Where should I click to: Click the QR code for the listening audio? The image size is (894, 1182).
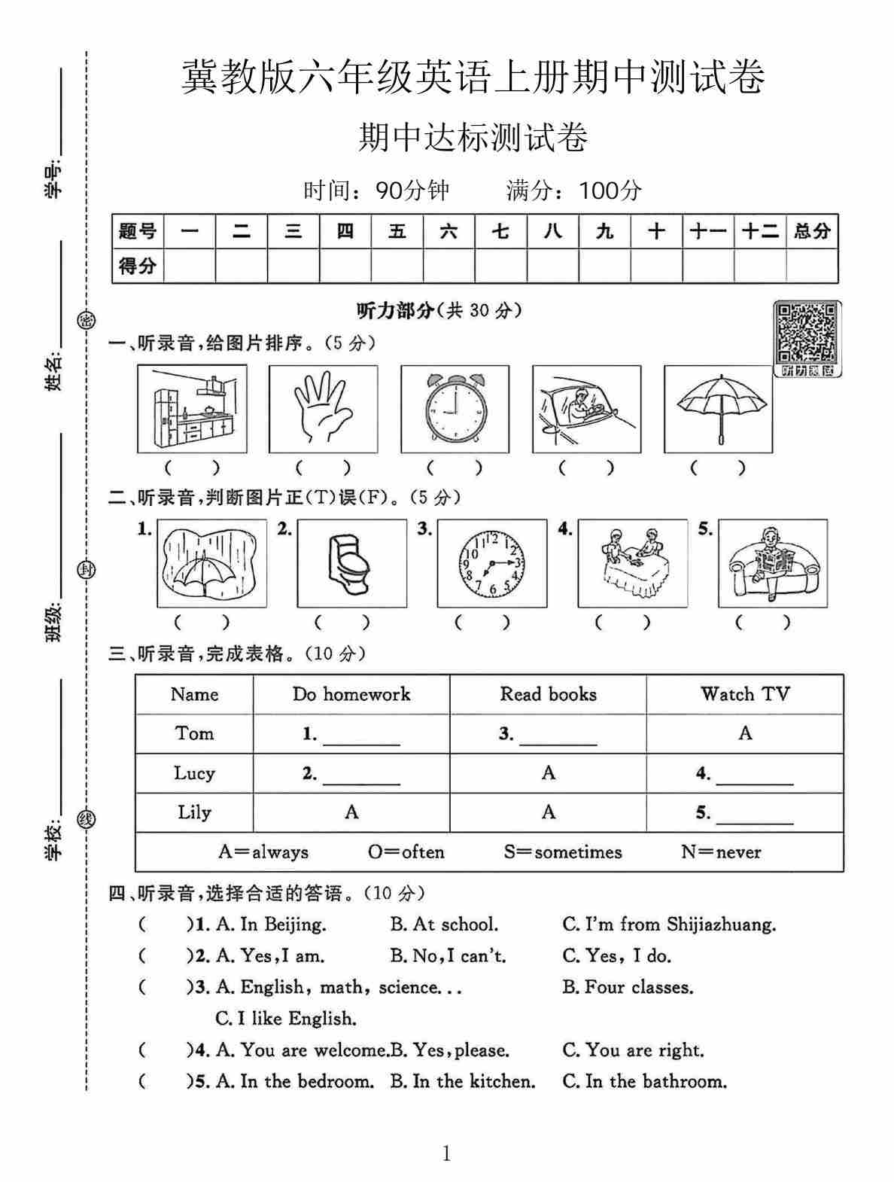click(x=807, y=333)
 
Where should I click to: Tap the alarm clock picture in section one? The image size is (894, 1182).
click(x=455, y=409)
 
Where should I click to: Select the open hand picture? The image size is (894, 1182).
click(x=323, y=409)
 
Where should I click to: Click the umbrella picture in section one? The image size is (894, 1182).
click(x=718, y=409)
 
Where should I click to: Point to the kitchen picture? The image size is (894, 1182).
click(x=192, y=409)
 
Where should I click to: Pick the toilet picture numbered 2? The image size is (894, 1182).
click(x=352, y=563)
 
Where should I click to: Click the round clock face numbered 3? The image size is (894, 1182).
click(x=491, y=563)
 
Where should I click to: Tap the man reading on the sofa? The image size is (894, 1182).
click(x=772, y=563)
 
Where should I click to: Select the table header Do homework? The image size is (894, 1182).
click(x=351, y=694)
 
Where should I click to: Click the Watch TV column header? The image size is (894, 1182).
click(x=745, y=694)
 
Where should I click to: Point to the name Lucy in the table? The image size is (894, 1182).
click(x=194, y=773)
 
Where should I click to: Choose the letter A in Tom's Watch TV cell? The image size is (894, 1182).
click(x=745, y=733)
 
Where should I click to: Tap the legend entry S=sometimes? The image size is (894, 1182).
click(x=563, y=852)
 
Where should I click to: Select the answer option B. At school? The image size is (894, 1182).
click(x=444, y=925)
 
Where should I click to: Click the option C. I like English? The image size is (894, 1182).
click(x=286, y=1019)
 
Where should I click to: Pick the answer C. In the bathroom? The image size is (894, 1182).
click(x=645, y=1082)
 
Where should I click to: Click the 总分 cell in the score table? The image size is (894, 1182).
click(x=812, y=231)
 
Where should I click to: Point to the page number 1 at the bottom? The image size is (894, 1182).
click(x=447, y=1153)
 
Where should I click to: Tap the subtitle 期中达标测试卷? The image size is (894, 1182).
click(x=473, y=139)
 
